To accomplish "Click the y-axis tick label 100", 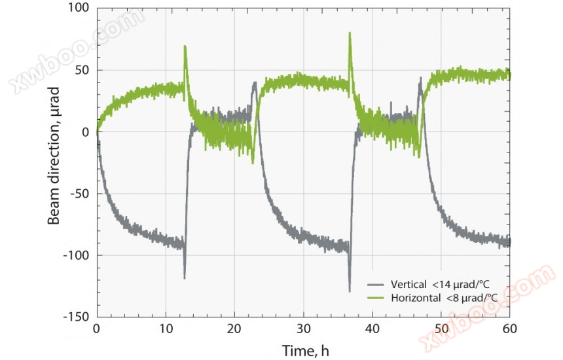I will pos(78,9).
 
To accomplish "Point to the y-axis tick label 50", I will pos(81,71).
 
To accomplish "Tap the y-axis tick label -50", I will pos(79,194).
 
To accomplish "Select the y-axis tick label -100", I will pos(76,255).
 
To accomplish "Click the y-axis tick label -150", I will pos(76,317).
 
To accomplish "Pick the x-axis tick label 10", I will pos(166,329).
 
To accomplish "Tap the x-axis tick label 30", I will pos(304,329).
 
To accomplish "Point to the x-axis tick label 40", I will pos(372,329).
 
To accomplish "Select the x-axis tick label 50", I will pos(441,329).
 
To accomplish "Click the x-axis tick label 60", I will pos(510,329).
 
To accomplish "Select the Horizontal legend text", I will pos(444,298).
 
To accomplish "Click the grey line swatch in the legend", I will pos(376,285).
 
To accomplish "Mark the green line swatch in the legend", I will pos(376,298).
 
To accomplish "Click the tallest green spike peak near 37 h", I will pos(350,33).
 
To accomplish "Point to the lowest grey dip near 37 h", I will pos(350,291).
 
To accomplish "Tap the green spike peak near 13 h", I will pos(185,46).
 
